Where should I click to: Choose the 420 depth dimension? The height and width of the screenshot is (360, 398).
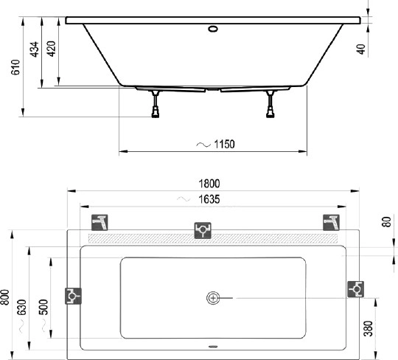pos(51,50)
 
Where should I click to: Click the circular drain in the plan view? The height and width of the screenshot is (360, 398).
pos(213,298)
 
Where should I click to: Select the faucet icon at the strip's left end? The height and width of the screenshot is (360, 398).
pos(99,222)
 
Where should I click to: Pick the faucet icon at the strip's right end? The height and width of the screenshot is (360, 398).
pos(329,222)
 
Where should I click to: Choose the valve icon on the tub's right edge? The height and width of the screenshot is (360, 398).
pos(355,288)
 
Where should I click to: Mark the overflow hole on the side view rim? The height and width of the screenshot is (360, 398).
pos(214,30)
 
